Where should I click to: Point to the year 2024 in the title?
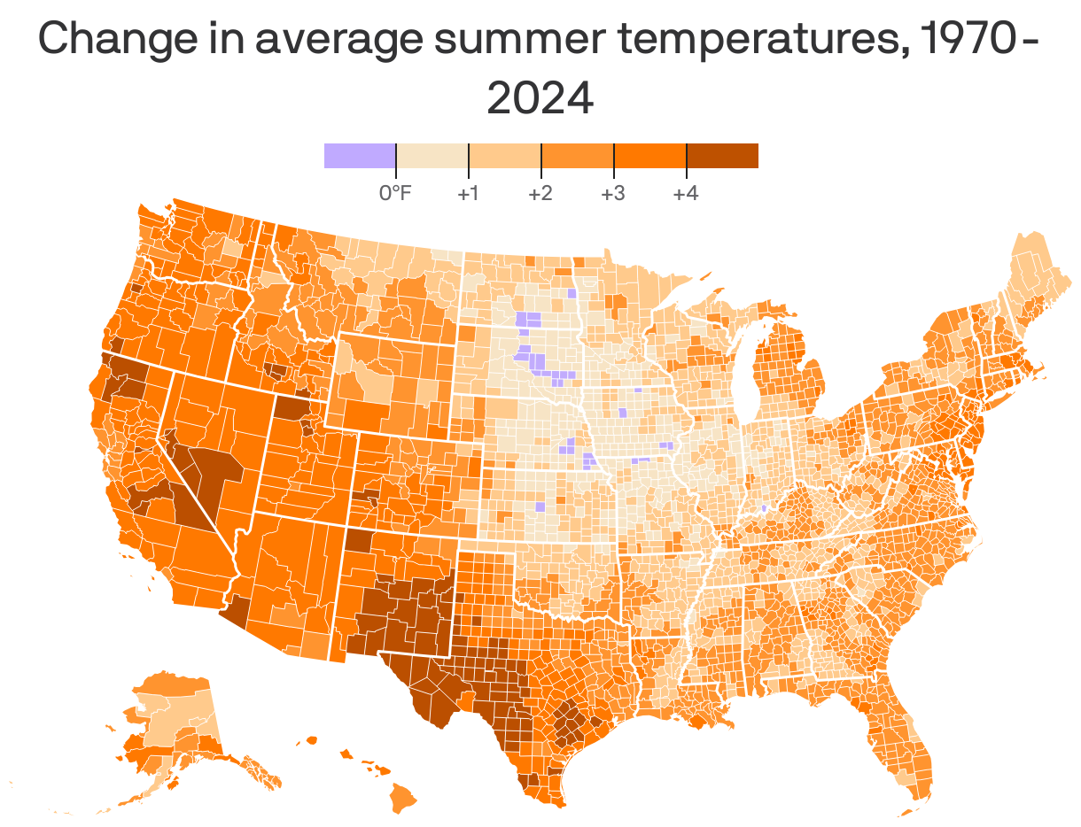point(540,98)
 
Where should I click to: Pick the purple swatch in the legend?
point(360,155)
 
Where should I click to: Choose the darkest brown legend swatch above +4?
point(722,155)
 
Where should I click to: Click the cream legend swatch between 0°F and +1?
point(432,155)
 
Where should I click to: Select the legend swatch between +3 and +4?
point(650,155)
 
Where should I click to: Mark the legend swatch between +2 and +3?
point(578,155)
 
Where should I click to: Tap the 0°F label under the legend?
point(395,193)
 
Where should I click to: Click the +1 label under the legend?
point(468,193)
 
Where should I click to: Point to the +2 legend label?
point(540,193)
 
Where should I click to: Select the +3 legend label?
point(613,193)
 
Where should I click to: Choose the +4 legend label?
point(686,193)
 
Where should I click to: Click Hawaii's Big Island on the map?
point(403,800)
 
